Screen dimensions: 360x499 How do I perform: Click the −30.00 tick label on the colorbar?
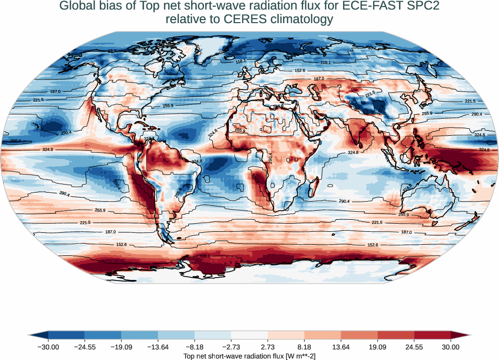tap(48, 347)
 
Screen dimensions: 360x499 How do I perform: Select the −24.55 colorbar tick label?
tap(85, 347)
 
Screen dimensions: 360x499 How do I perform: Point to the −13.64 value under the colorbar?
tap(158, 347)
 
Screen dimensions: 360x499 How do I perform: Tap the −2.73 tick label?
tap(231, 347)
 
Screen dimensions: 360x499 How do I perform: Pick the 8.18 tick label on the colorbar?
tap(304, 347)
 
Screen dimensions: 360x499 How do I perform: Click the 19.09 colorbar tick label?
tap(377, 347)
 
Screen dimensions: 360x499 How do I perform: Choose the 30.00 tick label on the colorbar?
tap(451, 347)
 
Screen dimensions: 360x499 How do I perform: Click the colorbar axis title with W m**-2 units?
tap(249, 356)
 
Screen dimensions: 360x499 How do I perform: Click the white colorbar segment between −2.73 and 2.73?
tap(249, 335)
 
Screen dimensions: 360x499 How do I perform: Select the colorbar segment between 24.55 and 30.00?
tap(432, 335)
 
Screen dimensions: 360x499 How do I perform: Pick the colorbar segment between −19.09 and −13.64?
tap(140, 335)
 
